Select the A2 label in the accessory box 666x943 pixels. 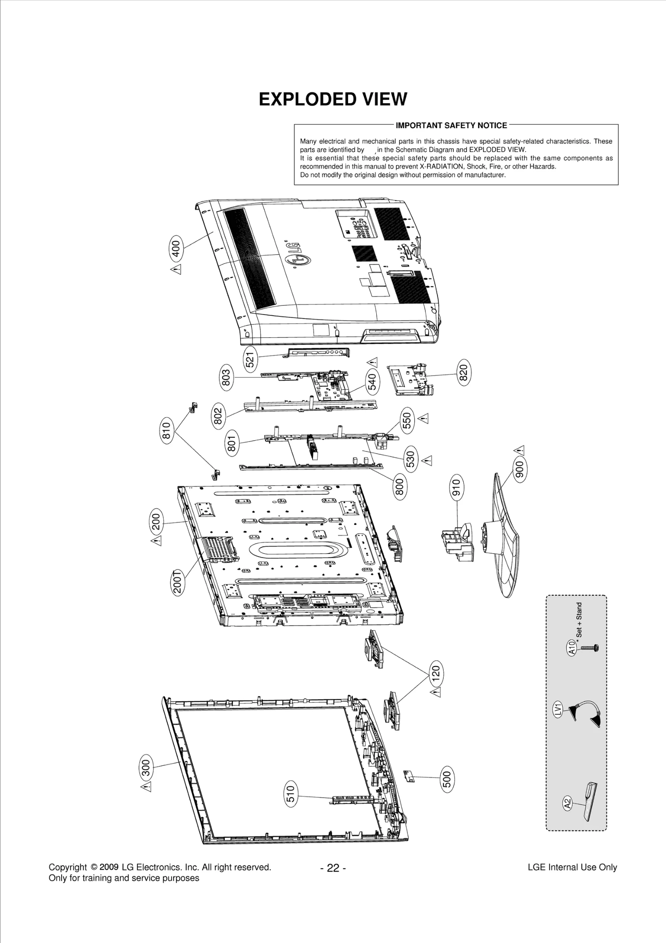coord(567,803)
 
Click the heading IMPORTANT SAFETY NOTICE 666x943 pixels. coord(451,125)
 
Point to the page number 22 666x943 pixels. coord(333,868)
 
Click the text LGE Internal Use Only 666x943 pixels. coord(572,868)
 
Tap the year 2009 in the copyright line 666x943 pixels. coord(109,867)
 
